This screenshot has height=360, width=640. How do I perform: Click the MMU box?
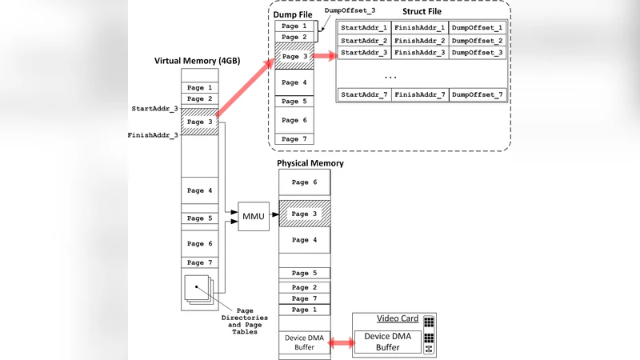coord(254,216)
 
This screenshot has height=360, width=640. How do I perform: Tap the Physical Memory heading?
coord(310,163)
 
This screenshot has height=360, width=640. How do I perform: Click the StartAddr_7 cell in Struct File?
coord(364,95)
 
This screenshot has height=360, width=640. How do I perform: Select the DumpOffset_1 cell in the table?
coord(478,28)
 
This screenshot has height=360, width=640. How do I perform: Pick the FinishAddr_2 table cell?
coord(420,40)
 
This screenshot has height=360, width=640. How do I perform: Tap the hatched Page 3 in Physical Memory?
coord(304,214)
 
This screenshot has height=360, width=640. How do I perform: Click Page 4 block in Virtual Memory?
coord(199,190)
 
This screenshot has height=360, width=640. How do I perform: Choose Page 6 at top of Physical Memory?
coord(304,182)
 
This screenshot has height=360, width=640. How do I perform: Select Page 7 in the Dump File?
coord(294,139)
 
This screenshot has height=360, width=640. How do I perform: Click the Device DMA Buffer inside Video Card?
coord(387,342)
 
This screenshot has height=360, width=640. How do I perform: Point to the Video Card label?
coord(398,318)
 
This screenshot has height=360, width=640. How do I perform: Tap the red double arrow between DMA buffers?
coord(341,342)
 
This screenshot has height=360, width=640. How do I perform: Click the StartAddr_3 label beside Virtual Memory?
coord(154,107)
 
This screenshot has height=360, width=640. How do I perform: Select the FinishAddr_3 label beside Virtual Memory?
coord(153,135)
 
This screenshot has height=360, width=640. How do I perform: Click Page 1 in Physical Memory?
coord(304,310)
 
